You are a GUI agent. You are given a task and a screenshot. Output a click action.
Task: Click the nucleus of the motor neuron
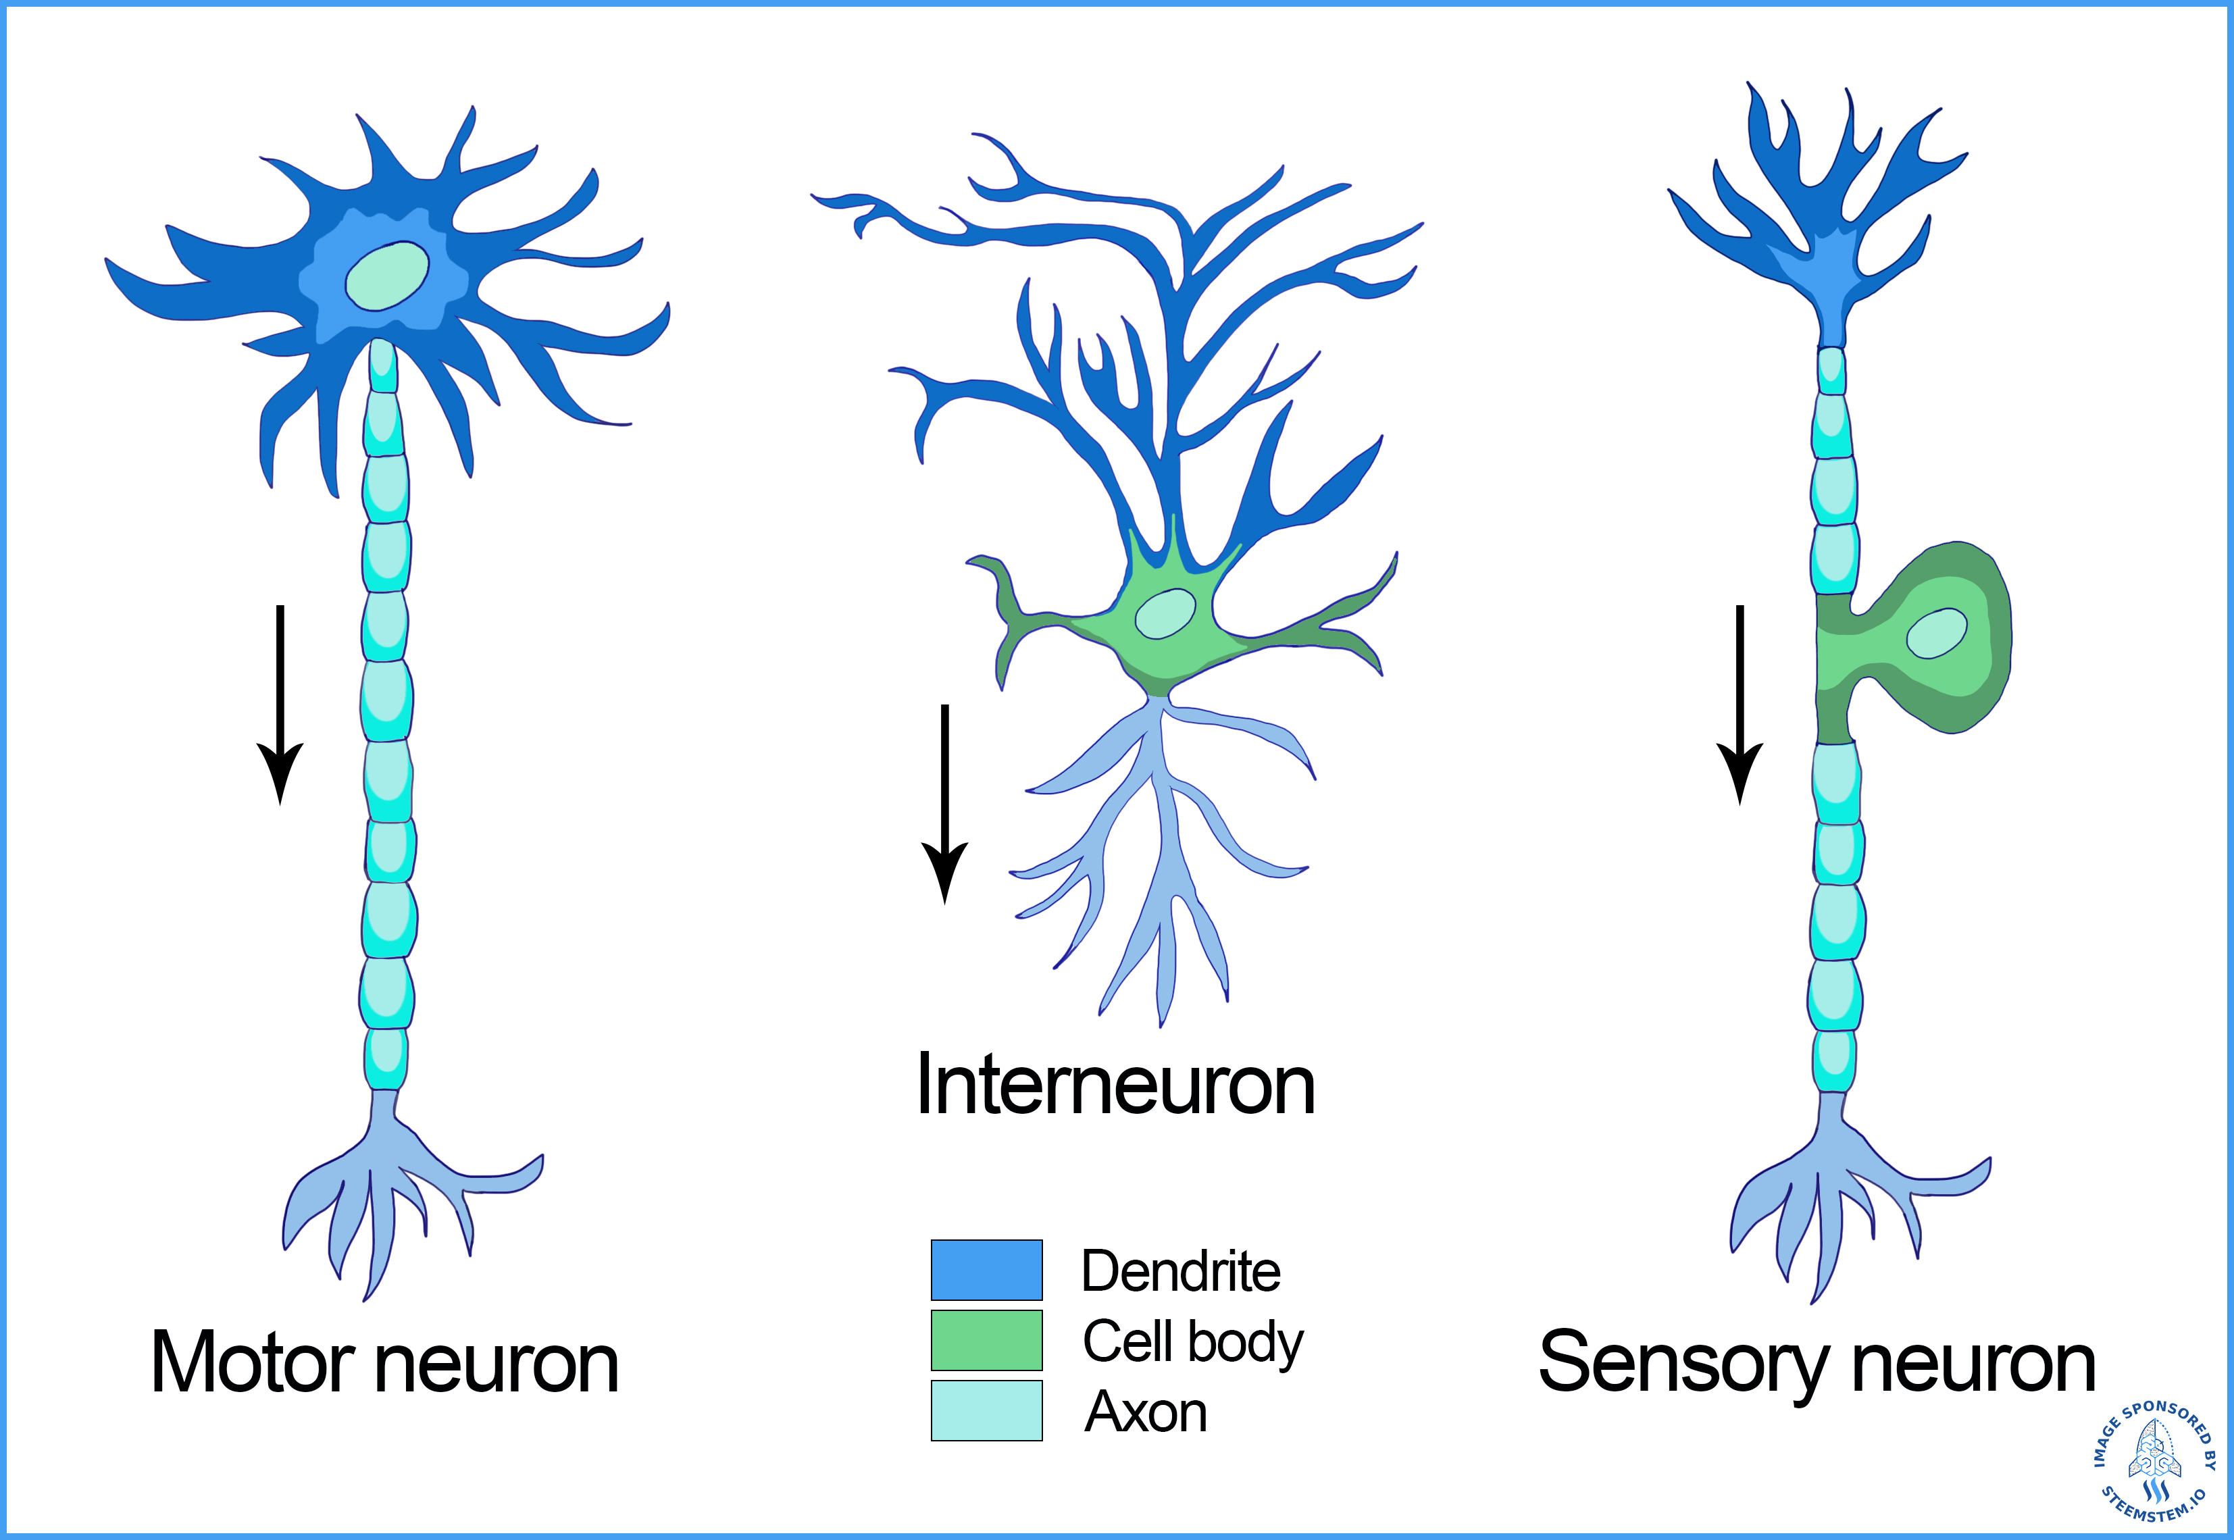click(387, 276)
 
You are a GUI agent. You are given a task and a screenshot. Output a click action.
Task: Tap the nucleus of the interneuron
click(1165, 614)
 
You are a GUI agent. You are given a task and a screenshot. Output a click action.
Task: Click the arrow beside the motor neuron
click(280, 704)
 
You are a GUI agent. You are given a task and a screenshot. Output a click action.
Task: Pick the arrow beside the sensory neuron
click(1740, 704)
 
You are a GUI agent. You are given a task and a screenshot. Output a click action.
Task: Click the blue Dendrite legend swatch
click(986, 1270)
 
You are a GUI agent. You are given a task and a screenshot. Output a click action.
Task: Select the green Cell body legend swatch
click(986, 1340)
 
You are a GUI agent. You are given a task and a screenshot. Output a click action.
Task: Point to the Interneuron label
click(1115, 1085)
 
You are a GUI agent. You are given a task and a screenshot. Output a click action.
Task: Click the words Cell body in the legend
click(1193, 1341)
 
